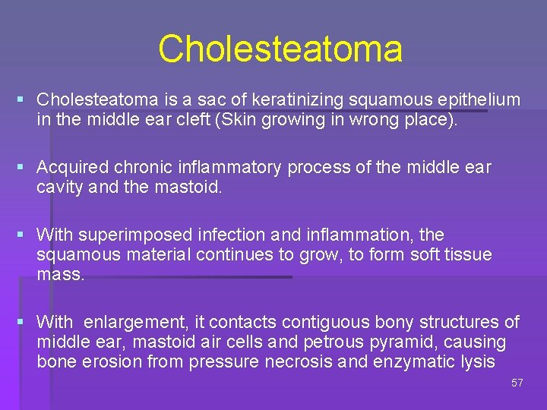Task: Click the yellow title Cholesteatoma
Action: (280, 49)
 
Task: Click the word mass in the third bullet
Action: (60, 274)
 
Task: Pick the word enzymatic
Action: (413, 362)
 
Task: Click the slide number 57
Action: (517, 383)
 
